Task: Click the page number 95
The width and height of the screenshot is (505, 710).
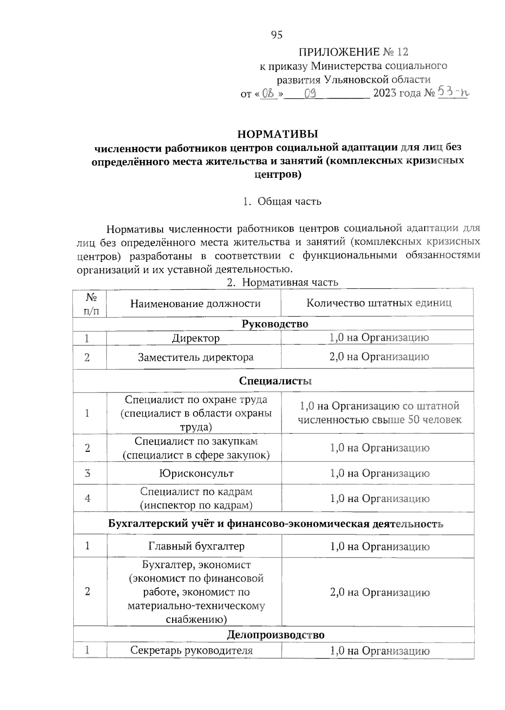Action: coord(276,35)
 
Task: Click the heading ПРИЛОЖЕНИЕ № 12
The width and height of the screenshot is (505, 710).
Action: coord(353,52)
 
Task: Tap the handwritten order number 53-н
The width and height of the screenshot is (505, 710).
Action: coord(452,91)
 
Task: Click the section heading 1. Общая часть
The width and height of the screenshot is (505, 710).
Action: coord(282,201)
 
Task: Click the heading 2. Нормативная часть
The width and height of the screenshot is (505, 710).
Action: coord(282,282)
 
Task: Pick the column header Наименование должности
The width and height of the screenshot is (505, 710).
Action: coord(195,303)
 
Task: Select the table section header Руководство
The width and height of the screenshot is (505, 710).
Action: coord(275,324)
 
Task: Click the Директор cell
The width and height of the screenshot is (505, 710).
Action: coord(195,338)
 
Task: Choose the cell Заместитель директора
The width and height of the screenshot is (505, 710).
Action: coord(195,357)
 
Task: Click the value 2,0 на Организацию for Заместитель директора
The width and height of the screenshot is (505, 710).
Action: coord(379,357)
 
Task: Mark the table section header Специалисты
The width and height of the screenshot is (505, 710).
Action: coord(275,381)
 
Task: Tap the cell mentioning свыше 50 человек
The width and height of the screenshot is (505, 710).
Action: coord(379,413)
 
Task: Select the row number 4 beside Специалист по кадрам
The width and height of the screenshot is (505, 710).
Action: coord(88,499)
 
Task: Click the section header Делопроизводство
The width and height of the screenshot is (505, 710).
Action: coord(276,635)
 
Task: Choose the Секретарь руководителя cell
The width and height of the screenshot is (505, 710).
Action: coord(191,651)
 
